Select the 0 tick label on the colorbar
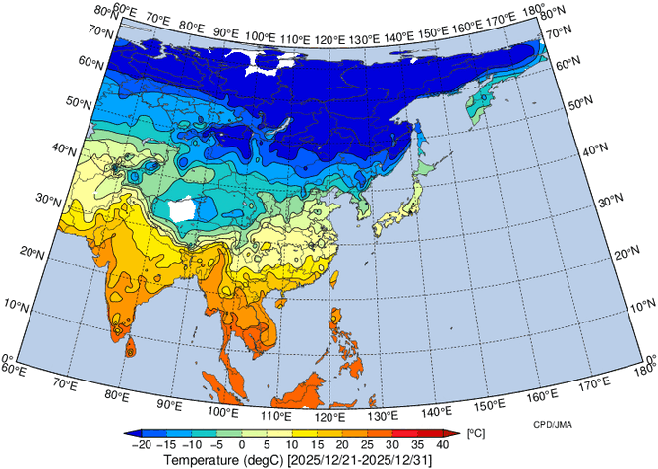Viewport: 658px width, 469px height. click(x=242, y=445)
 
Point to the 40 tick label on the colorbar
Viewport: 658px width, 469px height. click(x=442, y=445)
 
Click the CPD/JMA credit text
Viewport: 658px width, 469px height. click(x=555, y=424)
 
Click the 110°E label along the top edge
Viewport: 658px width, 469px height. click(x=295, y=39)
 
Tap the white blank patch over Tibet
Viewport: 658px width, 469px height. click(x=181, y=209)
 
